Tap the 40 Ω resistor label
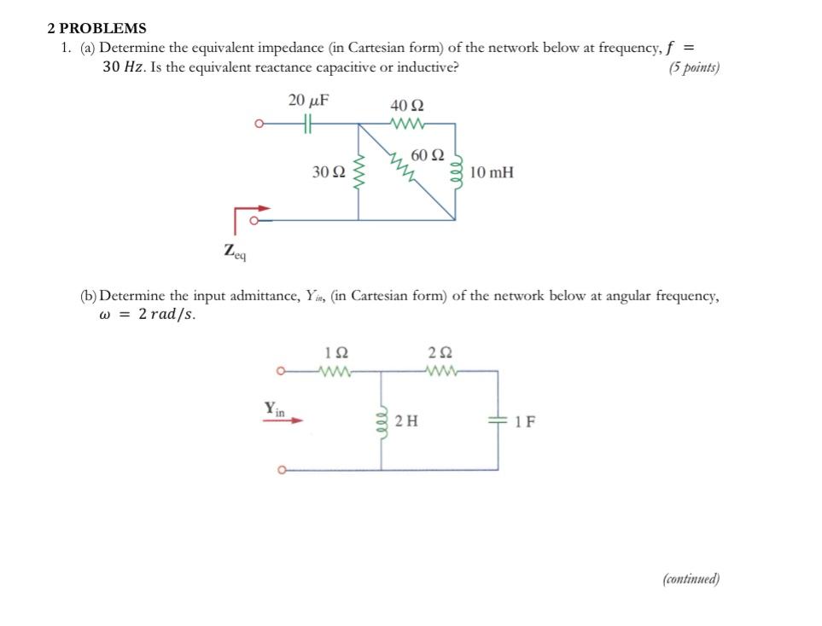coord(406,106)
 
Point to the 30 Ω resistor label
coord(329,172)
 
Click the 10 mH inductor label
coord(492,172)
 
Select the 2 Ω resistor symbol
coord(441,371)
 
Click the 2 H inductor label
coord(406,421)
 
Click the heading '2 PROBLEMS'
coord(96,28)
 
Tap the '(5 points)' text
coord(694,68)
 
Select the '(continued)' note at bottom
coord(691,579)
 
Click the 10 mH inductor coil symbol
coord(456,171)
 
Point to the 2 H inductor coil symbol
coord(381,420)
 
